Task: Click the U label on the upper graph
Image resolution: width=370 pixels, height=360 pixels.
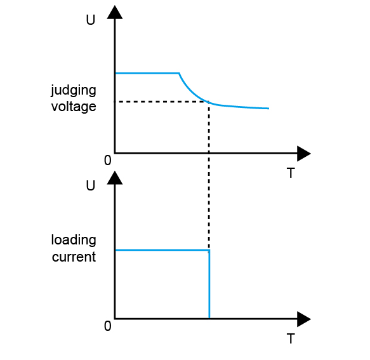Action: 91,20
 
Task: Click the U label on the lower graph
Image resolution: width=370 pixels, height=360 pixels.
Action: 91,185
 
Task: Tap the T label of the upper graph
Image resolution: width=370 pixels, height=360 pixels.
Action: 291,173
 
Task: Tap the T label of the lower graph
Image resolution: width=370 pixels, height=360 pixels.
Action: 291,338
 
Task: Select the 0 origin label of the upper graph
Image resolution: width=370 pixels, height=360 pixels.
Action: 108,161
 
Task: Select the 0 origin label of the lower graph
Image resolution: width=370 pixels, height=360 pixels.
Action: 108,326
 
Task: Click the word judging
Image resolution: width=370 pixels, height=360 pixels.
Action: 74,91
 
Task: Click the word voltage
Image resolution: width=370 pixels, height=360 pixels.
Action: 74,107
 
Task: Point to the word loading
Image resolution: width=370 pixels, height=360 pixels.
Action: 74,241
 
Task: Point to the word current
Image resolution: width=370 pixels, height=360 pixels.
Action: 74,257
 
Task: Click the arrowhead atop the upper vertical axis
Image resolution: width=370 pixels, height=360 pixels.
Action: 115,12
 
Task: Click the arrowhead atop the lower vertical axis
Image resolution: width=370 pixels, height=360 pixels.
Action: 115,178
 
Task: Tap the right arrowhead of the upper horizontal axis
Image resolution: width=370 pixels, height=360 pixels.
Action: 304,154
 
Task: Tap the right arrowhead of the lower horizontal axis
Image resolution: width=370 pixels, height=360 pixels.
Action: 304,319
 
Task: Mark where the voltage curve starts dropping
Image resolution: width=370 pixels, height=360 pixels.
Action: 179,74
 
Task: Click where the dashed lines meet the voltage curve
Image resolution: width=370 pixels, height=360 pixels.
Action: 209,102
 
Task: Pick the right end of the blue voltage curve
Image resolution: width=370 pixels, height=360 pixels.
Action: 268,109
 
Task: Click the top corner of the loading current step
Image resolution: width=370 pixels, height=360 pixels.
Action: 209,250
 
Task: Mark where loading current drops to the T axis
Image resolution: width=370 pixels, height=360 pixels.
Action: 209,319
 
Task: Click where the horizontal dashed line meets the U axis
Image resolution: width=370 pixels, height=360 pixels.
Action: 115,102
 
